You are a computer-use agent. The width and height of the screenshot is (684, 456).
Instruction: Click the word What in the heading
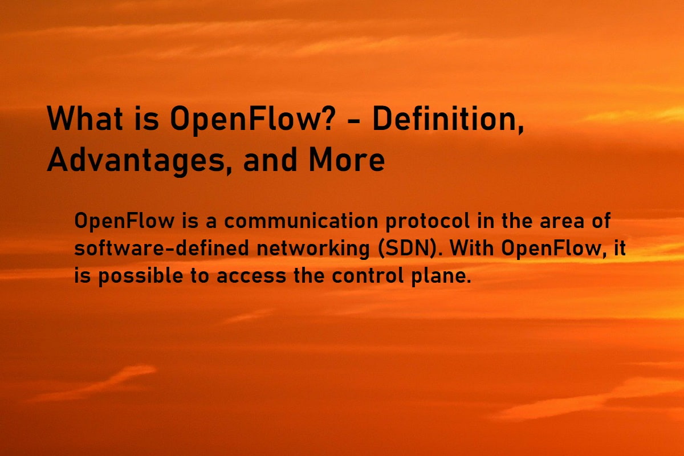pyautogui.click(x=85, y=118)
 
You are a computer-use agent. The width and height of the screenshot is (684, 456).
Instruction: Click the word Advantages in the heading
pyautogui.click(x=136, y=160)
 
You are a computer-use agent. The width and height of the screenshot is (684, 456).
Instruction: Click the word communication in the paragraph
pyautogui.click(x=301, y=221)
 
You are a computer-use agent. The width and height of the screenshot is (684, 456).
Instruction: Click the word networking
pyautogui.click(x=313, y=249)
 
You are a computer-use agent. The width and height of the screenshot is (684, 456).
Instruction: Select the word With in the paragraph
pyautogui.click(x=472, y=248)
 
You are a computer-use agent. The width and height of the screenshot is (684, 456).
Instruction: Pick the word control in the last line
pyautogui.click(x=368, y=275)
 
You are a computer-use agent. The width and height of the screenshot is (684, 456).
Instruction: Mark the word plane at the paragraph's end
pyautogui.click(x=438, y=276)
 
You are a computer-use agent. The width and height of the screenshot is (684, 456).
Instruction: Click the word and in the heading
pyautogui.click(x=270, y=159)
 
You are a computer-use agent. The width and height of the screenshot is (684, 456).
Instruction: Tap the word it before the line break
pyautogui.click(x=620, y=248)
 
